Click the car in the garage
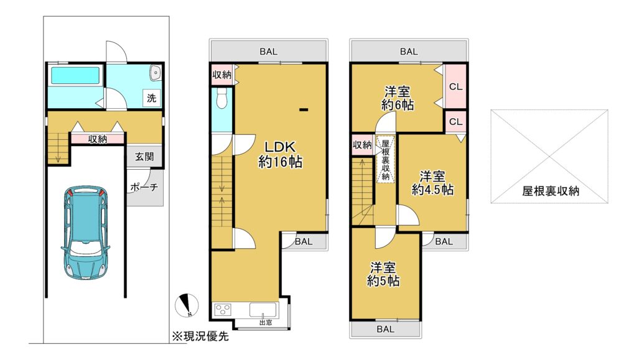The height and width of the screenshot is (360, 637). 85,234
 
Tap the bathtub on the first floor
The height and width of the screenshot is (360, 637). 75,75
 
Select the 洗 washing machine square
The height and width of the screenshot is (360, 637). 152,98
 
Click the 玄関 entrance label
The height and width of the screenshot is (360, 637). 144,157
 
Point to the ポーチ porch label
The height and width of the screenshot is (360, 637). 144,188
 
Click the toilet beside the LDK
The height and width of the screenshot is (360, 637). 221,98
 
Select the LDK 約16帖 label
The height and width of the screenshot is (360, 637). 280,154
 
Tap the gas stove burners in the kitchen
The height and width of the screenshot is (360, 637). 223,310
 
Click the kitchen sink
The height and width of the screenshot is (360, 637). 263,310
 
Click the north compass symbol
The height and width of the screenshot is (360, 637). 187,305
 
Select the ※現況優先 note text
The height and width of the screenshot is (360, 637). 200,336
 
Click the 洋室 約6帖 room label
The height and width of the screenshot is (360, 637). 398,98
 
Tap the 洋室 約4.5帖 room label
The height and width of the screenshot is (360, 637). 432,183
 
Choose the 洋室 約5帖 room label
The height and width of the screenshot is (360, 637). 383,274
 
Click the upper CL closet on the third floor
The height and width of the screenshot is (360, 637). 456,86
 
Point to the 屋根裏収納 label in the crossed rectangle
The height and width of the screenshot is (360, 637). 551,191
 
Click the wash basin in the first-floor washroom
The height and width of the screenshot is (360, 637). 155,73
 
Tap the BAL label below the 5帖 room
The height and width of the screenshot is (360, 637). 385,329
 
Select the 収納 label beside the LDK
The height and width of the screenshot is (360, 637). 221,75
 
